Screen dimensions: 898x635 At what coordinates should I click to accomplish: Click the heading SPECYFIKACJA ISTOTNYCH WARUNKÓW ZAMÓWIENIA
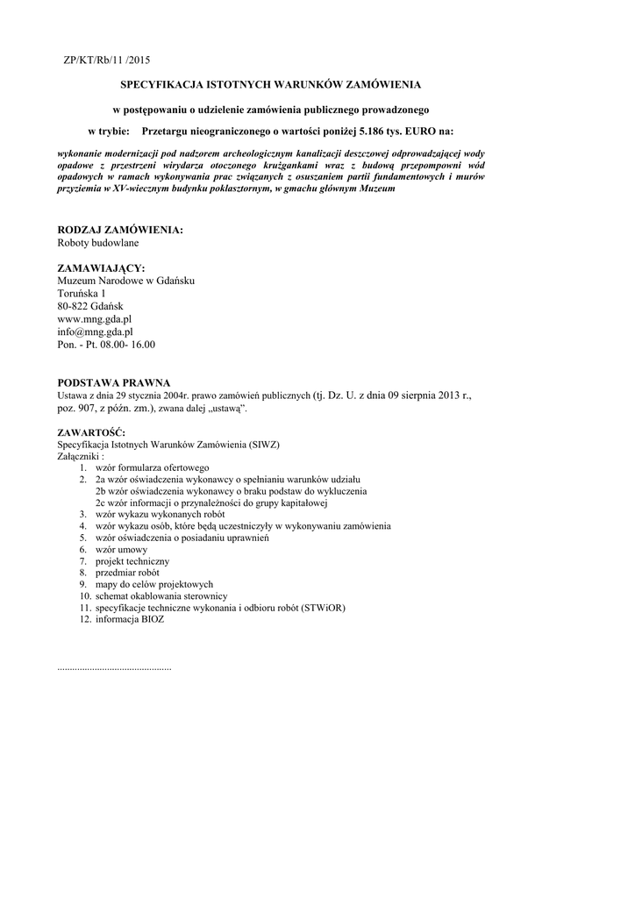pyautogui.click(x=270, y=85)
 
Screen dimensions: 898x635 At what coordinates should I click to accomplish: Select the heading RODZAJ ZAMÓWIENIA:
pyautogui.click(x=120, y=230)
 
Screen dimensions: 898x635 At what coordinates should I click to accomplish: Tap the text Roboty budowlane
pyautogui.click(x=97, y=242)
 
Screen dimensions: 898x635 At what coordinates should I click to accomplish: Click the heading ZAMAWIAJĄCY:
pyautogui.click(x=101, y=267)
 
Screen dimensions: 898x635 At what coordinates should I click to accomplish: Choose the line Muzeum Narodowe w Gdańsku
pyautogui.click(x=125, y=281)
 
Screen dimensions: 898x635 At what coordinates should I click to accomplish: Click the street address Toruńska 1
pyautogui.click(x=82, y=293)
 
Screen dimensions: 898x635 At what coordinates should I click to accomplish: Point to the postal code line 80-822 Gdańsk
pyautogui.click(x=90, y=306)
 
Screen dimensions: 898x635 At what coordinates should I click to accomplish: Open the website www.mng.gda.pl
pyautogui.click(x=95, y=319)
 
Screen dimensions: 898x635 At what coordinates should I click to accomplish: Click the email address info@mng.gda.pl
pyautogui.click(x=95, y=332)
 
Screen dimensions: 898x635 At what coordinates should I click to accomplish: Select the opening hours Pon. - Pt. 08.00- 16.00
pyautogui.click(x=106, y=345)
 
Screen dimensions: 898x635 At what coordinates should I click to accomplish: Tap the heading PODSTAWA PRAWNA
pyautogui.click(x=113, y=383)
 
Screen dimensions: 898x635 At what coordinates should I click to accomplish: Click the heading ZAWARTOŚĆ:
pyautogui.click(x=91, y=432)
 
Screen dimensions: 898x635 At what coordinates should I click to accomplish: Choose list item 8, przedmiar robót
pyautogui.click(x=127, y=573)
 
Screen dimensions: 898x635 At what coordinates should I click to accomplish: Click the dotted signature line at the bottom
pyautogui.click(x=114, y=668)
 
